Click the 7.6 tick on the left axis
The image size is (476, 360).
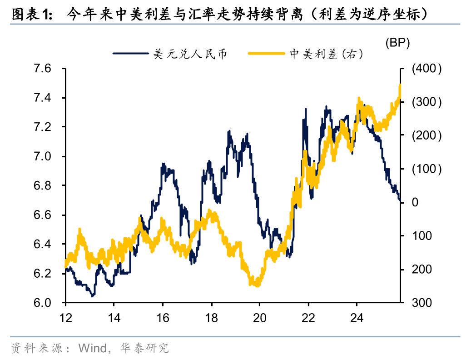[x=43, y=69]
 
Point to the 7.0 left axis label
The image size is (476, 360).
[x=43, y=156]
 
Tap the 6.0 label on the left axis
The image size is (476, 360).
[x=43, y=303]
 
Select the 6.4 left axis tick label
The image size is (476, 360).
[x=43, y=244]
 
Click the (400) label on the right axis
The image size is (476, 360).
[x=426, y=69]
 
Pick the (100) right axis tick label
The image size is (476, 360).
[x=426, y=169]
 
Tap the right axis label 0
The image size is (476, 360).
[x=415, y=202]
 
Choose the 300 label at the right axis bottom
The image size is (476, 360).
[x=421, y=303]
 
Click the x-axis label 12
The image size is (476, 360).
[x=65, y=318]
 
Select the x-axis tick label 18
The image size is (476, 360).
[x=211, y=318]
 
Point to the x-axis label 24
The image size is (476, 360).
[x=357, y=318]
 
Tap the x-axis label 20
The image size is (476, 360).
[x=259, y=318]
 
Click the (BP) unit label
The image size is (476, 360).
[x=398, y=43]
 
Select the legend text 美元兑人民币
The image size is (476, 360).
[x=190, y=54]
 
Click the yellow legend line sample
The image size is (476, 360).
[x=267, y=54]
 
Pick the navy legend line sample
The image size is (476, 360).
[x=131, y=54]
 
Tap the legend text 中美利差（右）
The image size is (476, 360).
[x=326, y=54]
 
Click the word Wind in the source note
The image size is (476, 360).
[x=93, y=348]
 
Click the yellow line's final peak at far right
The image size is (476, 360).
[x=400, y=85]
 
